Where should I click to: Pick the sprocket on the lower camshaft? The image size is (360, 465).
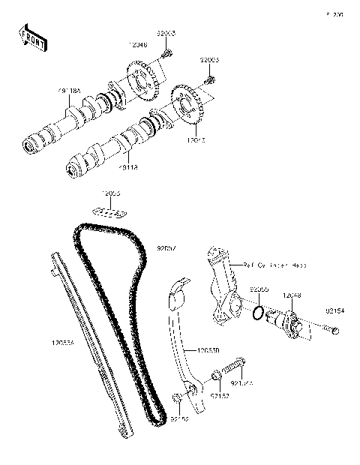pos(185,106)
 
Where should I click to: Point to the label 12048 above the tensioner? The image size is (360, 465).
pos(292,295)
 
